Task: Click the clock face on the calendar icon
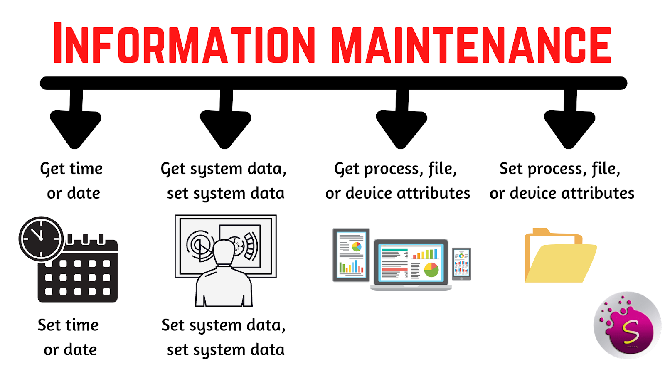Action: tap(41, 239)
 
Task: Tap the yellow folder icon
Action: tap(560, 258)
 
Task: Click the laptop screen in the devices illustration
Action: tap(411, 262)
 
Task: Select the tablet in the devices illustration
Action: tap(351, 254)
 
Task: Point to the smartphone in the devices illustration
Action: tap(461, 263)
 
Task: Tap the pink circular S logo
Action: tap(628, 325)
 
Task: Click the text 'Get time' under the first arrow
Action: tap(71, 169)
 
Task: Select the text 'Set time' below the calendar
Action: tap(68, 325)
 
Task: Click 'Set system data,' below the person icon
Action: tap(224, 325)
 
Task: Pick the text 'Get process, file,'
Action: tap(396, 169)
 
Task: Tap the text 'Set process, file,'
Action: tap(560, 169)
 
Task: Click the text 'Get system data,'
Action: tap(224, 169)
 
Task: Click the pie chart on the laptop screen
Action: tap(431, 270)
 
